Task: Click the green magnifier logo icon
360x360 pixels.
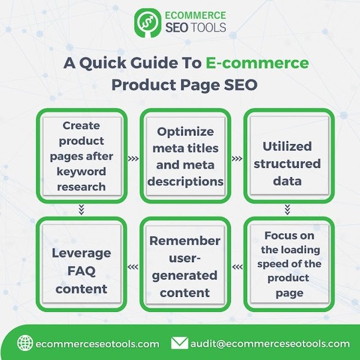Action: [x=148, y=23]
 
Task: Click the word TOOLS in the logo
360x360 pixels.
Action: [x=208, y=27]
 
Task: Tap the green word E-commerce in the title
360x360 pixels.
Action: [x=257, y=63]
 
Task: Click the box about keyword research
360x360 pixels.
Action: [x=82, y=156]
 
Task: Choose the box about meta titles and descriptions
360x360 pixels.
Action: [x=185, y=156]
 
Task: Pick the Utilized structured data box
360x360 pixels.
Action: [x=289, y=156]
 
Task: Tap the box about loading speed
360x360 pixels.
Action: [x=289, y=264]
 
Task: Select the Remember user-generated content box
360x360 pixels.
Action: [x=185, y=264]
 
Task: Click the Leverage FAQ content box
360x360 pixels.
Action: [x=82, y=264]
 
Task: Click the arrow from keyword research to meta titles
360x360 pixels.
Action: [x=134, y=159]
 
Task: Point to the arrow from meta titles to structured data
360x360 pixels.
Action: [x=237, y=159]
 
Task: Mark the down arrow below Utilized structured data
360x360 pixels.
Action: [x=287, y=209]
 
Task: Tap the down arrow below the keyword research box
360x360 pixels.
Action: [x=81, y=209]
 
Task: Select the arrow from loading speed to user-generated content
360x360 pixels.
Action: [x=237, y=267]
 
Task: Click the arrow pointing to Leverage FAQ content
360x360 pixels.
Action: [x=133, y=267]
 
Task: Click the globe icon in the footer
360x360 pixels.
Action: [x=25, y=343]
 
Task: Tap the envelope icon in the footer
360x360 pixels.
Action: [x=180, y=343]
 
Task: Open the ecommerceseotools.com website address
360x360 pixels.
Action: [x=98, y=344]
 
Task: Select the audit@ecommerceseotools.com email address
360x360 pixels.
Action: [x=270, y=344]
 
